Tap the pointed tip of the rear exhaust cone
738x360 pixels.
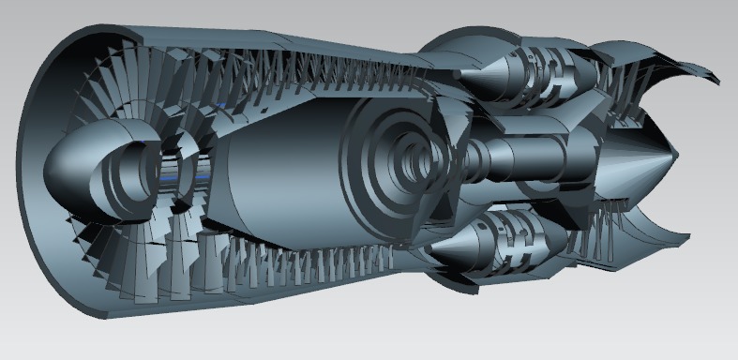(x=678, y=153)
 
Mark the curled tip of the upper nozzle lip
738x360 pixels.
(x=718, y=81)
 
